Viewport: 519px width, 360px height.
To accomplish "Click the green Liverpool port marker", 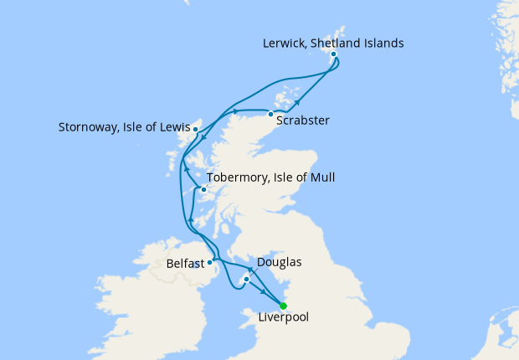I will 284,306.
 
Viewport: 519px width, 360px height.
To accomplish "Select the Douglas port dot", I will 246,279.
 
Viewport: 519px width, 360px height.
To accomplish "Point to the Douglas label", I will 278,263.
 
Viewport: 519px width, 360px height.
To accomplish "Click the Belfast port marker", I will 209,262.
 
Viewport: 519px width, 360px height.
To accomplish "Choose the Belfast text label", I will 185,263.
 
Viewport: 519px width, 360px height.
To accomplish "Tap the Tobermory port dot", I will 203,189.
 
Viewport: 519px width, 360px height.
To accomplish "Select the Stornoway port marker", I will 195,130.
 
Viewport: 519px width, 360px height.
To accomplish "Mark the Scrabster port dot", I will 271,114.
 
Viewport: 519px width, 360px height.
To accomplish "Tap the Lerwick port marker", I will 333,54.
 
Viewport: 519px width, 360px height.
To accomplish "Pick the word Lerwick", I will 285,43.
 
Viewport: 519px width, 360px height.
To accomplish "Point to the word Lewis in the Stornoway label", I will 171,129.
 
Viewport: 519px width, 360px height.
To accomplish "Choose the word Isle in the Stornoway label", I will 138,129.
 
